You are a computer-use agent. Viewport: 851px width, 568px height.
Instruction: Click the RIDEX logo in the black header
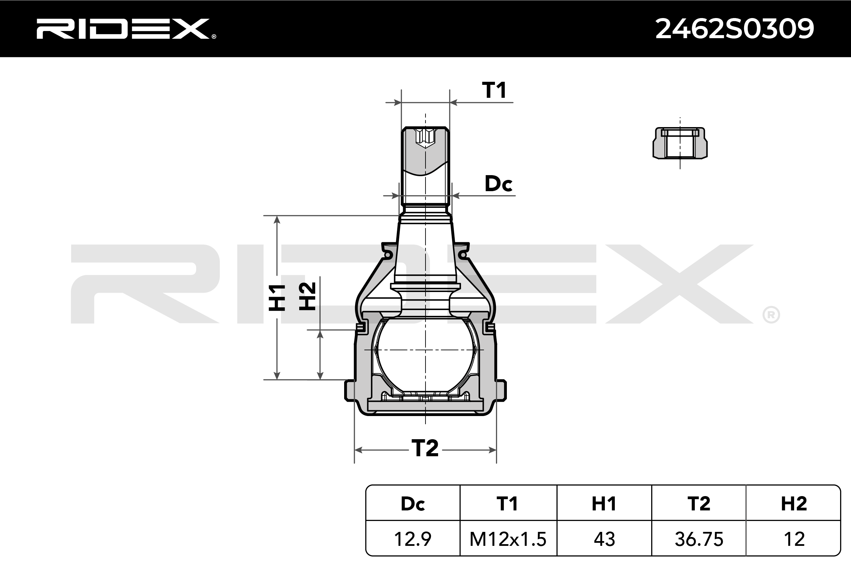(126, 29)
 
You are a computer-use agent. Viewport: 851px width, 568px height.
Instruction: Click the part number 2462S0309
(735, 29)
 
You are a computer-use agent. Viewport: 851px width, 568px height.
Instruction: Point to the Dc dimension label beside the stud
(498, 184)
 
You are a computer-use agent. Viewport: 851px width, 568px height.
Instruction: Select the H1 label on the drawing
(277, 298)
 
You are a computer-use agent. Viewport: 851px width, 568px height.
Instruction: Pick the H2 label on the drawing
(307, 296)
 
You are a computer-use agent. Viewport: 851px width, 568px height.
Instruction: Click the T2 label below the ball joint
(425, 448)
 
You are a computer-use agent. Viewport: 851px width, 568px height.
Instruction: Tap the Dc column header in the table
(413, 504)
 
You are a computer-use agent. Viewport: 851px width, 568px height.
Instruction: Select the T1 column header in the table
(507, 504)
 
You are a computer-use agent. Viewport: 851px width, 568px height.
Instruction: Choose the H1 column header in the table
(604, 504)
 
